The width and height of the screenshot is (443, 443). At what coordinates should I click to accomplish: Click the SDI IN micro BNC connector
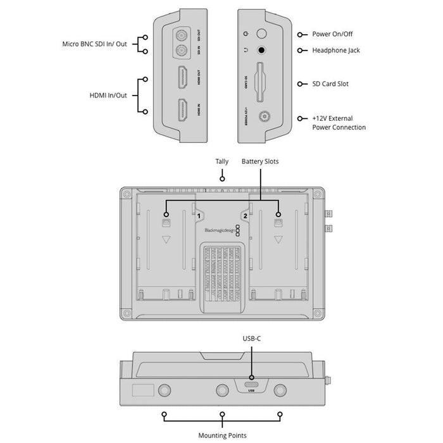pyautogui.click(x=182, y=52)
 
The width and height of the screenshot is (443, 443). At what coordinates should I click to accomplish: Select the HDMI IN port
pyautogui.click(x=182, y=111)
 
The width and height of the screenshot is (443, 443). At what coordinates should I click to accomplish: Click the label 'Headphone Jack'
pyautogui.click(x=336, y=50)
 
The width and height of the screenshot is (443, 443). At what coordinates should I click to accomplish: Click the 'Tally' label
pyautogui.click(x=221, y=162)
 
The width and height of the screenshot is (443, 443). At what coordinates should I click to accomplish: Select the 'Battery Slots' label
pyautogui.click(x=259, y=162)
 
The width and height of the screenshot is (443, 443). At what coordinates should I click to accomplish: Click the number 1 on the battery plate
pyautogui.click(x=199, y=216)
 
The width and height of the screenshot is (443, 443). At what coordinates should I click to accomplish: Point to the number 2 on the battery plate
pyautogui.click(x=245, y=216)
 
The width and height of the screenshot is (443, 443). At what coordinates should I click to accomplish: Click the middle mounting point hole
pyautogui.click(x=222, y=389)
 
